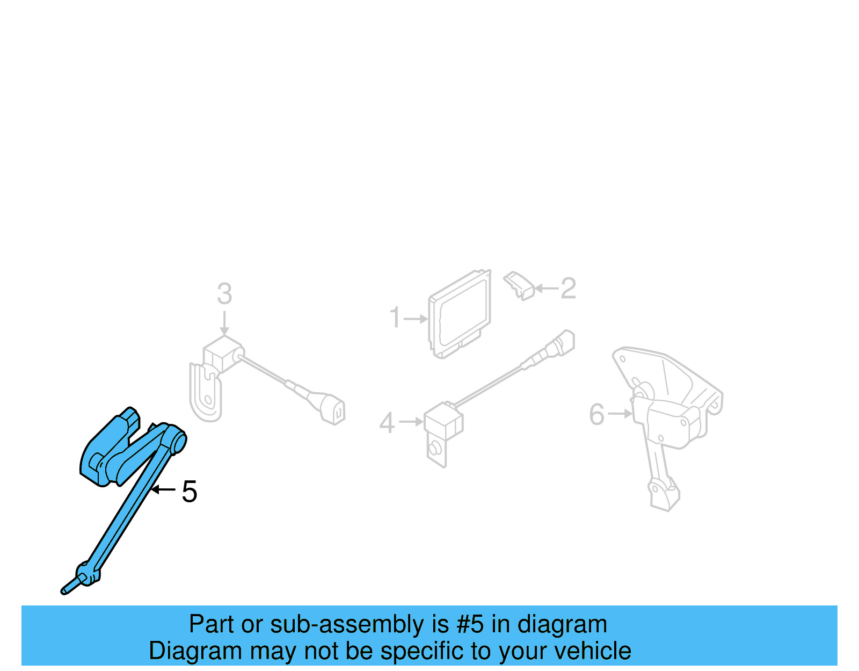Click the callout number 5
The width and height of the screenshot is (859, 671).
[x=190, y=492]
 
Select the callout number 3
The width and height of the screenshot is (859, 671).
[x=224, y=294]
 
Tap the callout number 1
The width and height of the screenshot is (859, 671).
[x=395, y=318]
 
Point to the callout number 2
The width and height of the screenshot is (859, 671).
[x=568, y=288]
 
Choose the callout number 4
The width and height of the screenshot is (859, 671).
[x=387, y=423]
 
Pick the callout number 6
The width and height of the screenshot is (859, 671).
[x=596, y=414]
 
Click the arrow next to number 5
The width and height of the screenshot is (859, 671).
[x=163, y=489]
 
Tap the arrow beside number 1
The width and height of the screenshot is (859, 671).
[x=416, y=319]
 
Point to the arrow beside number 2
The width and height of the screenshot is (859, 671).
[x=547, y=288]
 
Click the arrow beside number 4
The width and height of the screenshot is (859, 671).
[x=412, y=422]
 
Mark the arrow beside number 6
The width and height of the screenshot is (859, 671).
[x=620, y=414]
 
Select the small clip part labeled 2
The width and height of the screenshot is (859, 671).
[x=520, y=285]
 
